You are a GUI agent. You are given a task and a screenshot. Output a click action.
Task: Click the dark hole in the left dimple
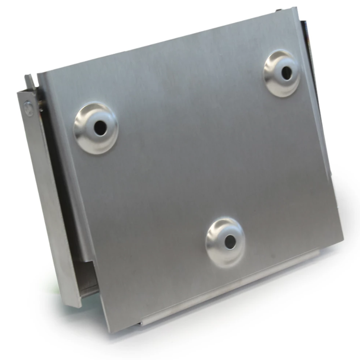pos(100,127)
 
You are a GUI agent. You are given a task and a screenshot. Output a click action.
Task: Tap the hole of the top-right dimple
pos(286,73)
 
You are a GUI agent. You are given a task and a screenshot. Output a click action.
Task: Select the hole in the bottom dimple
pos(230,242)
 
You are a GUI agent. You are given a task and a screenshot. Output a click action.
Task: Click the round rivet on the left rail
pos(28,108)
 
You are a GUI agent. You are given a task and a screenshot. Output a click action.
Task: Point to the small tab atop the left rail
pos(29,80)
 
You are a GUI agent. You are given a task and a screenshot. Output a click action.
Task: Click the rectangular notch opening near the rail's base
pos(87,278)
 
